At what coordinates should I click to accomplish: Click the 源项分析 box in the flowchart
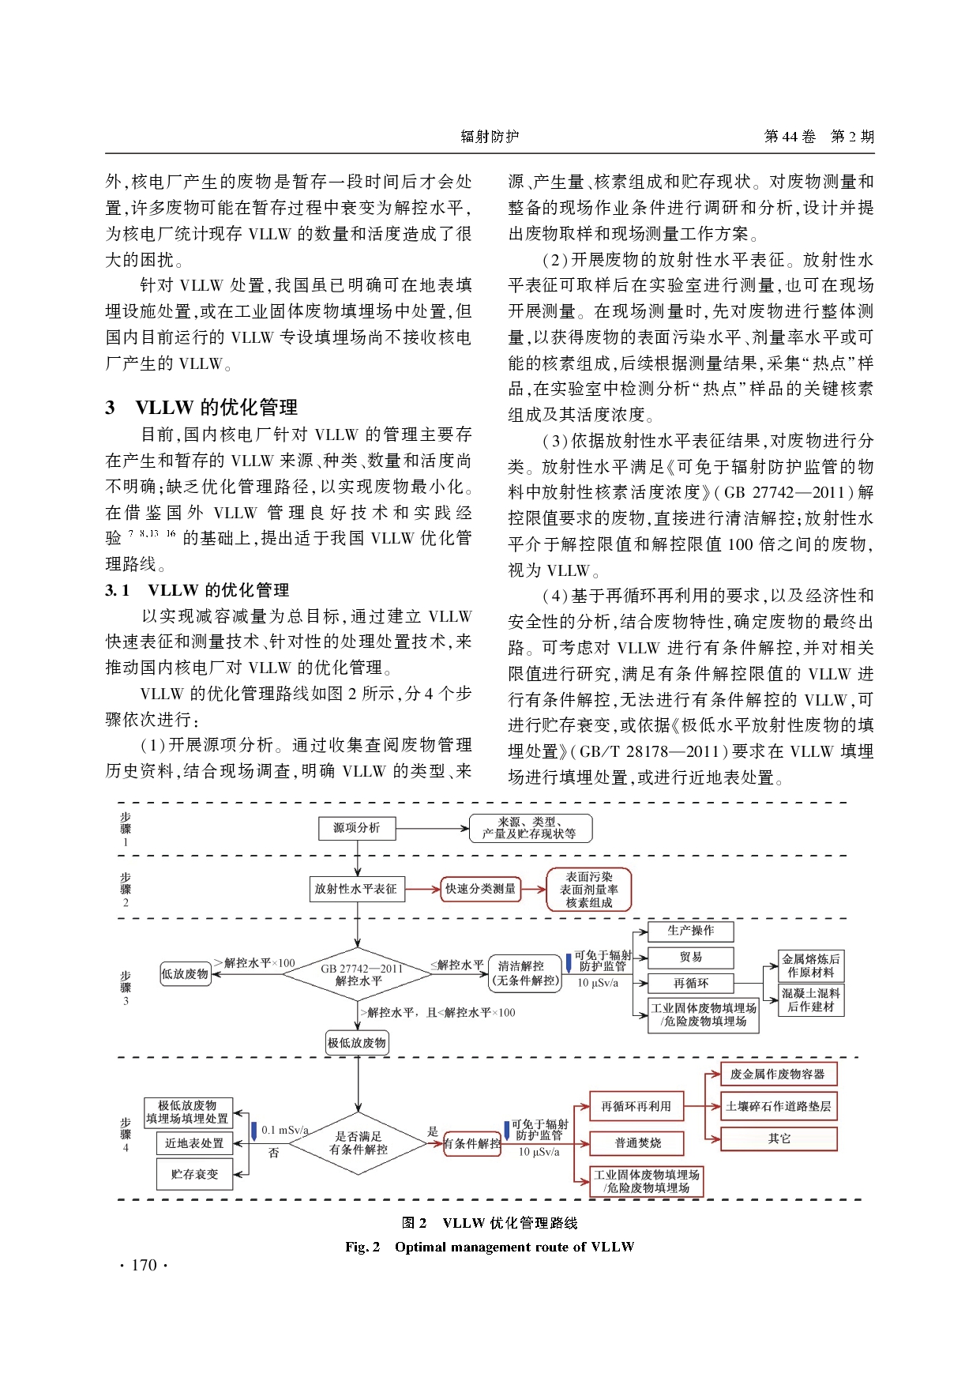tap(357, 828)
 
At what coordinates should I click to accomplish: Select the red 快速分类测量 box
tap(480, 889)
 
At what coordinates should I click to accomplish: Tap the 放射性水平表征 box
tap(356, 889)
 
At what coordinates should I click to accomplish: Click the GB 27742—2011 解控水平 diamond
tap(358, 974)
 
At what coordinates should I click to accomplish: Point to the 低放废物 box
tap(186, 974)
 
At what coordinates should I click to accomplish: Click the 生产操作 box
tap(690, 931)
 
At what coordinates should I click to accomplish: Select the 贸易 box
tap(690, 957)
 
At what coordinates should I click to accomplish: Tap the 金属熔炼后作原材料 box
tap(811, 965)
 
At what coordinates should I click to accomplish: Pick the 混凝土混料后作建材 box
tap(811, 999)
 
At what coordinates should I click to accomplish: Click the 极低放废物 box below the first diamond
tap(357, 1043)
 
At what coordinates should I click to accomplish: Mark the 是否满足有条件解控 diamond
tap(358, 1143)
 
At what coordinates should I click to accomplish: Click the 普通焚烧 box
tap(637, 1142)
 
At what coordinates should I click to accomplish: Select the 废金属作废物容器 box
tap(778, 1074)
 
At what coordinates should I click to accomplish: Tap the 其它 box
tap(779, 1138)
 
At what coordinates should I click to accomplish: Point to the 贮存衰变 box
tap(195, 1174)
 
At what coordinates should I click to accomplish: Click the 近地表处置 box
tap(194, 1143)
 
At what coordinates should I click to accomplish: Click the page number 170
tap(144, 1265)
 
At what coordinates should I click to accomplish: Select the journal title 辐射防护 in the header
tap(490, 136)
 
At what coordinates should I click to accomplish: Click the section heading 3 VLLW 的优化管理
tap(202, 407)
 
